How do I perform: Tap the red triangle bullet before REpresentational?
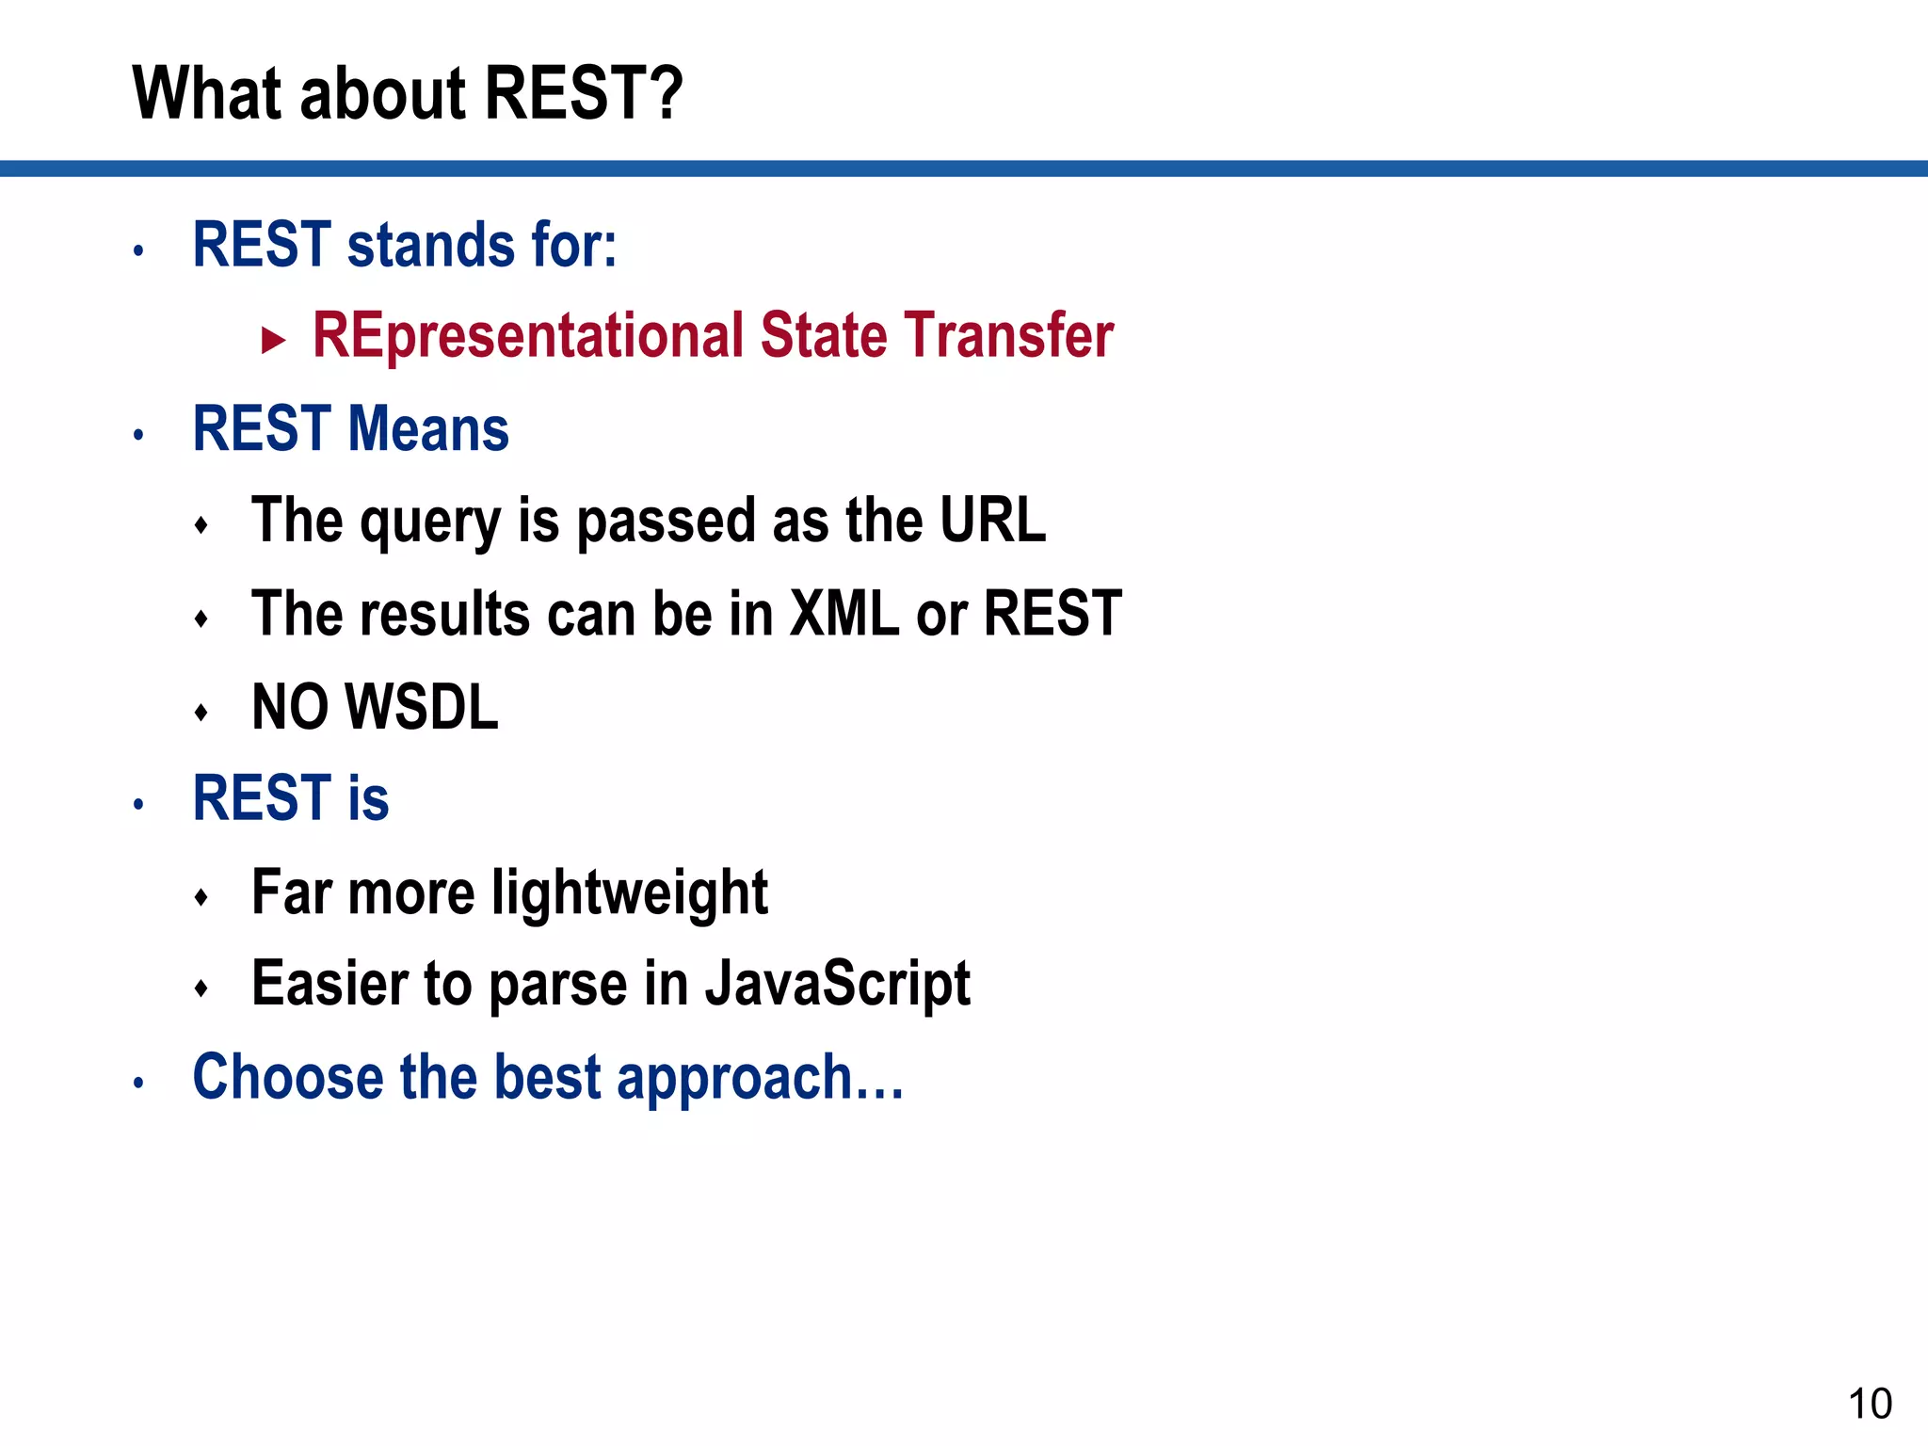pyautogui.click(x=273, y=340)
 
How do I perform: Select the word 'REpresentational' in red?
pyautogui.click(x=528, y=336)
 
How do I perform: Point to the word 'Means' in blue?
pyautogui.click(x=429, y=429)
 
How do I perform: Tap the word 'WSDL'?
pyautogui.click(x=422, y=707)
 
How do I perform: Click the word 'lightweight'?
pyautogui.click(x=630, y=893)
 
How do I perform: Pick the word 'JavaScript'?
pyautogui.click(x=837, y=985)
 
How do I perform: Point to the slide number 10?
pyautogui.click(x=1870, y=1404)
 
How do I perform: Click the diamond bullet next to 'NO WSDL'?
pyautogui.click(x=201, y=713)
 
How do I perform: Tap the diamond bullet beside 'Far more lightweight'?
pyautogui.click(x=201, y=898)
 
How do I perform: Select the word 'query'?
pyautogui.click(x=430, y=522)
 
